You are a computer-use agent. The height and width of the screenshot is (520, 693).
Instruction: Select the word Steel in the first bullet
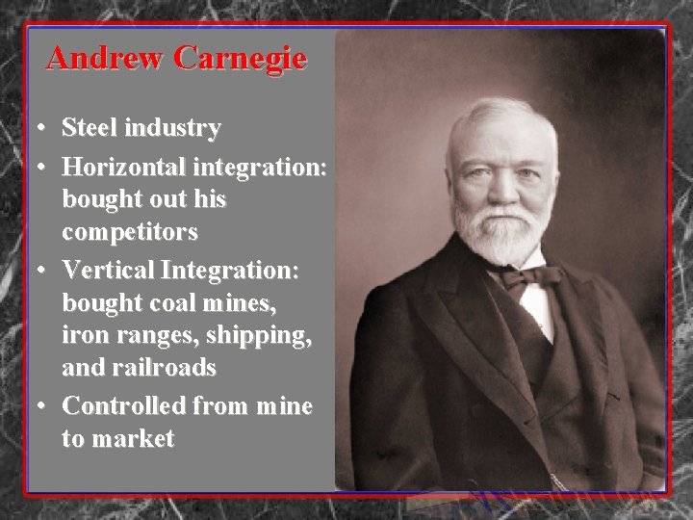[89, 127]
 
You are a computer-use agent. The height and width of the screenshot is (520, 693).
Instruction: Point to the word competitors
[130, 232]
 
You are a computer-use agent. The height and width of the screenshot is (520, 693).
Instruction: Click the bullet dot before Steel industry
[36, 128]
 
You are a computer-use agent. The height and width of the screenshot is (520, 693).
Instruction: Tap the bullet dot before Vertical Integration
[36, 272]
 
